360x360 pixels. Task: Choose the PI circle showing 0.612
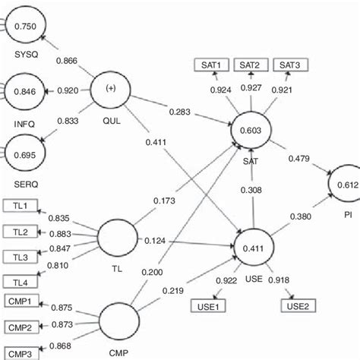tap(345, 184)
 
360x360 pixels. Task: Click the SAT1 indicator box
tap(210, 65)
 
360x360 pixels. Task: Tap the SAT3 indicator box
tap(289, 65)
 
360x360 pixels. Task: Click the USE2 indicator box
tap(297, 306)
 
